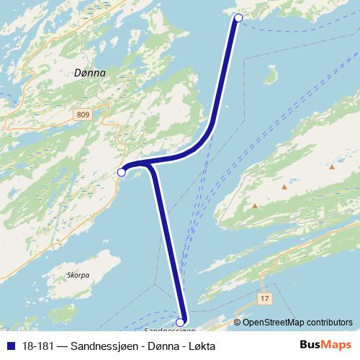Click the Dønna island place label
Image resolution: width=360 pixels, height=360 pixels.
(x=90, y=73)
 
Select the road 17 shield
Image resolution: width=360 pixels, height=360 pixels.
(x=265, y=297)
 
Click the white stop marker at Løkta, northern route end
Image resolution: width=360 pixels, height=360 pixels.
(x=238, y=18)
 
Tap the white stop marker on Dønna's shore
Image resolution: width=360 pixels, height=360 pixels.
(x=122, y=172)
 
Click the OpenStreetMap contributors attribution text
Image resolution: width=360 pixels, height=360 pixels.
(x=298, y=323)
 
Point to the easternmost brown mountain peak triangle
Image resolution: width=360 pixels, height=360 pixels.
(x=332, y=167)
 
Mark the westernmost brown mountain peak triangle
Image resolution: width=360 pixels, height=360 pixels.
(x=255, y=206)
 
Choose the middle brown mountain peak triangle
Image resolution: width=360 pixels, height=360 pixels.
(x=284, y=187)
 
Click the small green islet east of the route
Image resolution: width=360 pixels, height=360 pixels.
(x=271, y=75)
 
